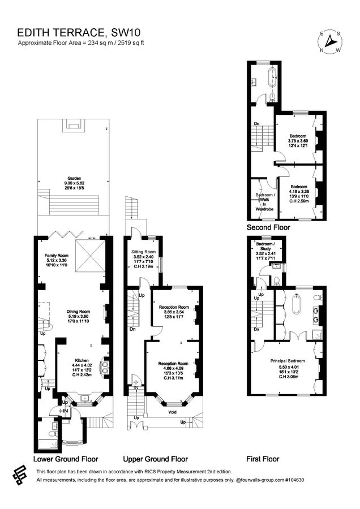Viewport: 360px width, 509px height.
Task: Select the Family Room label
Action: tap(57, 256)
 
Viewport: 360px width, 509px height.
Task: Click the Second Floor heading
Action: tap(268, 227)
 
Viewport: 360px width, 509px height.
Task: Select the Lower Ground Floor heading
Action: tap(66, 459)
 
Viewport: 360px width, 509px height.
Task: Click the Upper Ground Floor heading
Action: tap(155, 459)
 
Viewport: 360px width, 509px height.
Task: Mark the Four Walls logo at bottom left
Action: tap(20, 475)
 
